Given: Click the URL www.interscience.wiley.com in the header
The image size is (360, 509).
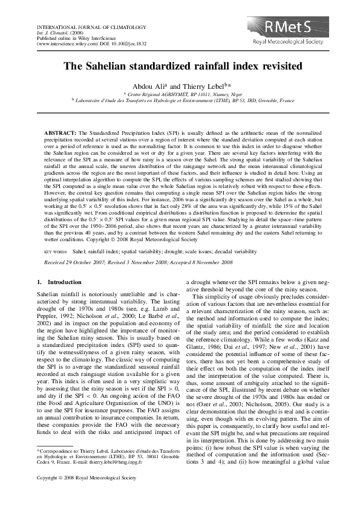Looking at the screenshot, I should [62, 44].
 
